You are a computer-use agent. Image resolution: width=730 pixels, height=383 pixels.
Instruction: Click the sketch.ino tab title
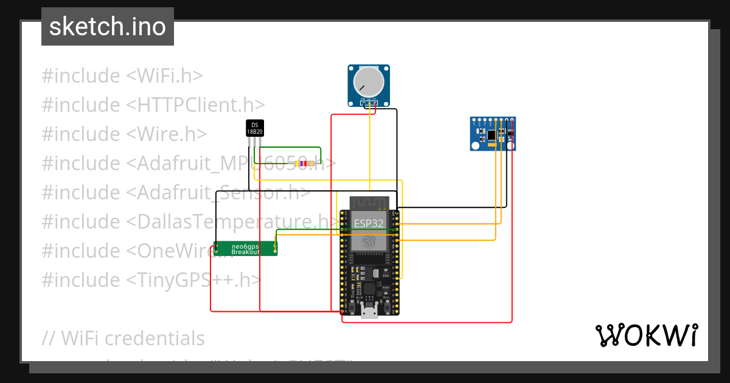click(108, 27)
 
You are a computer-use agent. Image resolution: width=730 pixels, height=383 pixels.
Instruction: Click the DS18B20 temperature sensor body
click(255, 128)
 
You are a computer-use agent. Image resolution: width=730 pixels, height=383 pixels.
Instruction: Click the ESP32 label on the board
click(369, 223)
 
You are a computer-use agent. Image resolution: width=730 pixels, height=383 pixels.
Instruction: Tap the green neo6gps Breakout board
click(246, 249)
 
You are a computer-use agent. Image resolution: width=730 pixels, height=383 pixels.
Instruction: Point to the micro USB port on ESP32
click(369, 311)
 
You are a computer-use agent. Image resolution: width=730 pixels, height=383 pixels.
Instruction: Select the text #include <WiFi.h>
click(122, 76)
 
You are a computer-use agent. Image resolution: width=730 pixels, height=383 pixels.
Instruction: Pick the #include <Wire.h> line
click(124, 134)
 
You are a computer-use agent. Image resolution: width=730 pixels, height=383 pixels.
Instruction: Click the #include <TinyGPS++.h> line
click(151, 280)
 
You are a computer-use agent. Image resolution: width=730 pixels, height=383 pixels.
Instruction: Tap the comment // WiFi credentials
click(123, 338)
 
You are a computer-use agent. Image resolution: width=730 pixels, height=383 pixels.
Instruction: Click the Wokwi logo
click(646, 335)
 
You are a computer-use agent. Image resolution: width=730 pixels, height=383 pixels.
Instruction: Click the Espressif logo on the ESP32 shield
click(369, 241)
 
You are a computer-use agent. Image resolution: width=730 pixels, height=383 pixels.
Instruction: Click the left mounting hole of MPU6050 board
click(474, 146)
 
